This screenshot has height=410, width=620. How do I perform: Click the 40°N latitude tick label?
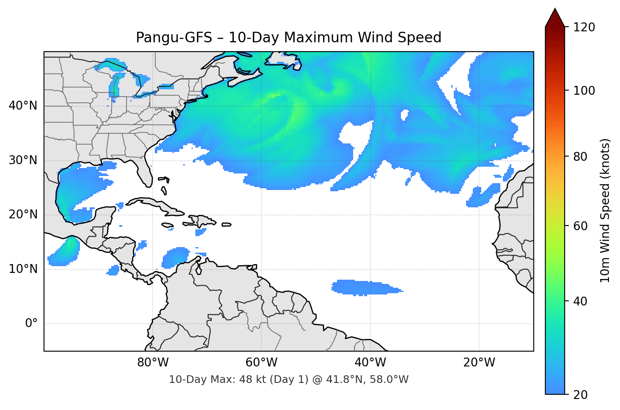click(23, 106)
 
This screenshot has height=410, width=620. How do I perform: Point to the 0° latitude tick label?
click(31, 324)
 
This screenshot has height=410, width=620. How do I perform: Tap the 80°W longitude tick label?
click(153, 363)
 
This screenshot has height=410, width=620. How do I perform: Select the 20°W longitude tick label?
click(479, 363)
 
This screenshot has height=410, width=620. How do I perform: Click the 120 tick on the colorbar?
click(584, 28)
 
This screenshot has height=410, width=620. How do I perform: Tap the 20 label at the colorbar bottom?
click(580, 395)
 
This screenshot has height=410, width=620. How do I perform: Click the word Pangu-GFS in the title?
click(174, 38)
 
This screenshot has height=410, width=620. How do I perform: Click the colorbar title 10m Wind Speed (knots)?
click(605, 210)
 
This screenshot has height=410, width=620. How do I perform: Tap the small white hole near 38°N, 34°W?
click(404, 115)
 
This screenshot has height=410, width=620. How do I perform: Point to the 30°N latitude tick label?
click(23, 160)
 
